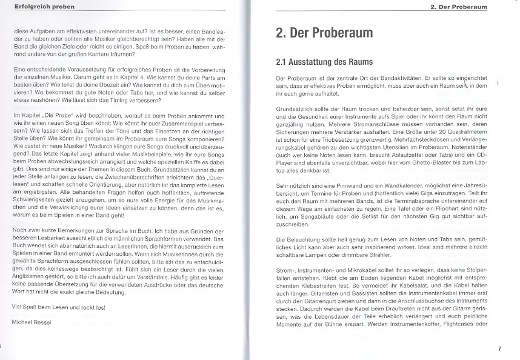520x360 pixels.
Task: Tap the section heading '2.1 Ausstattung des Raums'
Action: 324,62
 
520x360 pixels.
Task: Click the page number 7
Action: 499,348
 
